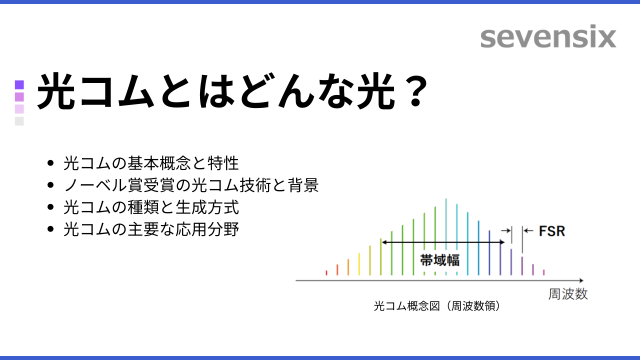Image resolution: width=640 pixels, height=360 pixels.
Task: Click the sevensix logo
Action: tap(548, 36)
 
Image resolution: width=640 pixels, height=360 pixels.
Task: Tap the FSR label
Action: tap(551, 231)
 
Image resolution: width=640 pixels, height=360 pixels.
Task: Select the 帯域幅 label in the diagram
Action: tap(439, 260)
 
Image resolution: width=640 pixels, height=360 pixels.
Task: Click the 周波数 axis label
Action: tap(567, 294)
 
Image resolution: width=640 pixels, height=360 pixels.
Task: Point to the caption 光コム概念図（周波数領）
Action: tap(437, 306)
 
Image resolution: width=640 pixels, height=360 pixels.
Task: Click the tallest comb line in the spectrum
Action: tap(446, 236)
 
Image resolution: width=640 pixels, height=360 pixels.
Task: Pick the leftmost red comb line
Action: tap(326, 273)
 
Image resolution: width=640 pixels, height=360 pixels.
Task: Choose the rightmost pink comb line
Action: tap(543, 272)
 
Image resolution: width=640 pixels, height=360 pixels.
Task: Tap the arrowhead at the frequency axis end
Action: tap(581, 280)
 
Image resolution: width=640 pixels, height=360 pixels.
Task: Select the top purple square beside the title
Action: tap(19, 85)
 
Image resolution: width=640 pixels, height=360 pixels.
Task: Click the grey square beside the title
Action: tap(19, 121)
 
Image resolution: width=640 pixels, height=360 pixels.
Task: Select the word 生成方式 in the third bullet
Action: tap(207, 207)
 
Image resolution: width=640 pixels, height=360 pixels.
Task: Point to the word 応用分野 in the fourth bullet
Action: tap(207, 229)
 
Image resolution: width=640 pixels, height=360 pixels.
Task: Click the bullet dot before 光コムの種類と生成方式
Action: tap(50, 207)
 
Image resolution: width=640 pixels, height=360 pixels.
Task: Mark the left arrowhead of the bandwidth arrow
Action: tap(384, 242)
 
